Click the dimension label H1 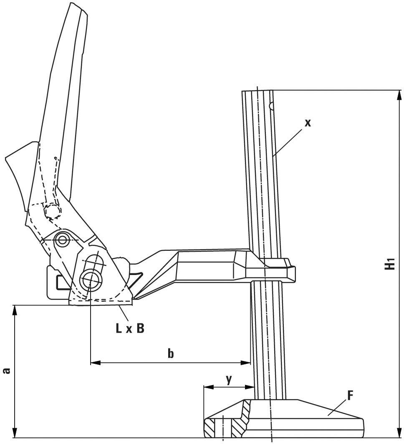[x=389, y=264]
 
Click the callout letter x [x=308, y=123]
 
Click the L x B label [x=130, y=328]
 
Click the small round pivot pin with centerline [x=63, y=240]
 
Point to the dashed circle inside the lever [x=52, y=212]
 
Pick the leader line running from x [x=288, y=142]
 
